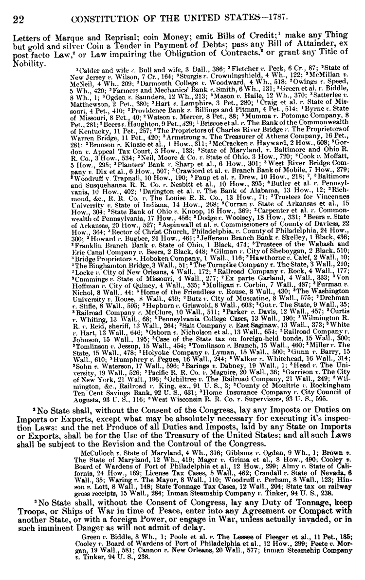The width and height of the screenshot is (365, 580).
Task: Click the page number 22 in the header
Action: coord(18,19)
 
